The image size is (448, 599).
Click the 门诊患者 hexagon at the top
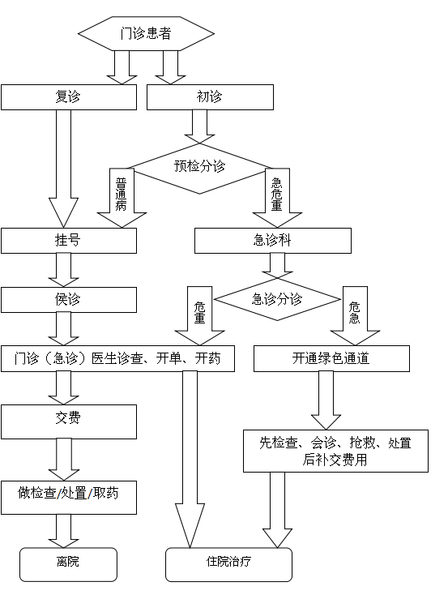[146, 33]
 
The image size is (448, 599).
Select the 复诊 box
[69, 97]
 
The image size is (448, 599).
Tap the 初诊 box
[210, 97]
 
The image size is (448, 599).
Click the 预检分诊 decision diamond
[199, 168]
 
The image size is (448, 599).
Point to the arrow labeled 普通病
[122, 198]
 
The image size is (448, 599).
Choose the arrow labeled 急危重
[277, 198]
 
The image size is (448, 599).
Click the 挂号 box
[69, 241]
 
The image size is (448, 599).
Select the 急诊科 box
[273, 241]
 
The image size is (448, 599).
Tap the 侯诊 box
[69, 300]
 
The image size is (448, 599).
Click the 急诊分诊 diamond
[277, 299]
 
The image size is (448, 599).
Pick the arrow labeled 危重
[200, 316]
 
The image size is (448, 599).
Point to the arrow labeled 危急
[355, 316]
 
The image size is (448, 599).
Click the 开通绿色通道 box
[331, 359]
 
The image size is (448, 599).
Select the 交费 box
[69, 421]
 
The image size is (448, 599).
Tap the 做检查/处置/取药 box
[69, 498]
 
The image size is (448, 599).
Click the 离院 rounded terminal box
[68, 565]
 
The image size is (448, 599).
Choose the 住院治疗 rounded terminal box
[228, 565]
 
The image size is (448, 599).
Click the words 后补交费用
[335, 460]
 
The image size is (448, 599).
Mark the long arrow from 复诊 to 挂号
[63, 169]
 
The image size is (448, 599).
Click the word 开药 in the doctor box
[207, 358]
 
